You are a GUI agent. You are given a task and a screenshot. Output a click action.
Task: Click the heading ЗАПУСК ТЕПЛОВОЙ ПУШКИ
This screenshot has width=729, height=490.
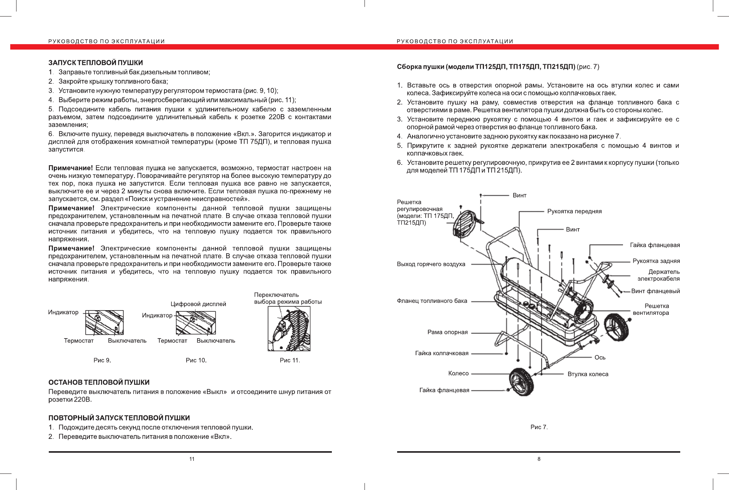click(96, 63)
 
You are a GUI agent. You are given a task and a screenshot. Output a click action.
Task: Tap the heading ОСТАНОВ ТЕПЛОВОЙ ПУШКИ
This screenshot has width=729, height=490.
click(99, 382)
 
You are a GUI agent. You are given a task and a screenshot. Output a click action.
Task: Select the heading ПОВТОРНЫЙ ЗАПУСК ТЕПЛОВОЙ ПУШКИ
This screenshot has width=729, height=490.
click(119, 418)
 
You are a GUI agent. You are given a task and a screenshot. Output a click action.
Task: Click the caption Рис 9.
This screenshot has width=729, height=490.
click(102, 360)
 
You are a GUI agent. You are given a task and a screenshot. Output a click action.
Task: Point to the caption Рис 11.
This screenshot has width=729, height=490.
click(290, 360)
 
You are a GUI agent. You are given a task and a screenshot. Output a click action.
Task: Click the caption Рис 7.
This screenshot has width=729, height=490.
click(539, 427)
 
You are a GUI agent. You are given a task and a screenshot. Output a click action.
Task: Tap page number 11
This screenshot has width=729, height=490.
click(192, 459)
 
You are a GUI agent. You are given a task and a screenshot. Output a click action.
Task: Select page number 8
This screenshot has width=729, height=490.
click(539, 459)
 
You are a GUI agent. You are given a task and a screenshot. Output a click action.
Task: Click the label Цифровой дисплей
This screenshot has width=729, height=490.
click(198, 304)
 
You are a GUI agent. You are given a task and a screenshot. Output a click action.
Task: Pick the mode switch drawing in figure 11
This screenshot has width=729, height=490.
click(289, 329)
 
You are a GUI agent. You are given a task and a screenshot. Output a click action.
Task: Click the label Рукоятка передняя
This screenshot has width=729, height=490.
click(574, 211)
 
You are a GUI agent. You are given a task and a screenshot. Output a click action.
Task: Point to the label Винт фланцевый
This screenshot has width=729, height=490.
click(655, 291)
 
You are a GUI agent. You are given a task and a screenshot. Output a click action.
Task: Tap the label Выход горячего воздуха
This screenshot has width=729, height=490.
click(431, 264)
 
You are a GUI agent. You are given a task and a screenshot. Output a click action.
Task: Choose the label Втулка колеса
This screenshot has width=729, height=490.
click(588, 374)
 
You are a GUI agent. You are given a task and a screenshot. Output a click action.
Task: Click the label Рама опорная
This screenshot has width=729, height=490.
click(447, 332)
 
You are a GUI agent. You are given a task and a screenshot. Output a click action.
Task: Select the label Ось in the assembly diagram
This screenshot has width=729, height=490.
click(600, 358)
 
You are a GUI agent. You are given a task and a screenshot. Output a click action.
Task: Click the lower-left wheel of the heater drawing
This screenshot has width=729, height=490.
click(521, 382)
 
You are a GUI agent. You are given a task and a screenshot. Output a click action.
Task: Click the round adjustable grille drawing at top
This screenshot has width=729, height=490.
click(466, 224)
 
